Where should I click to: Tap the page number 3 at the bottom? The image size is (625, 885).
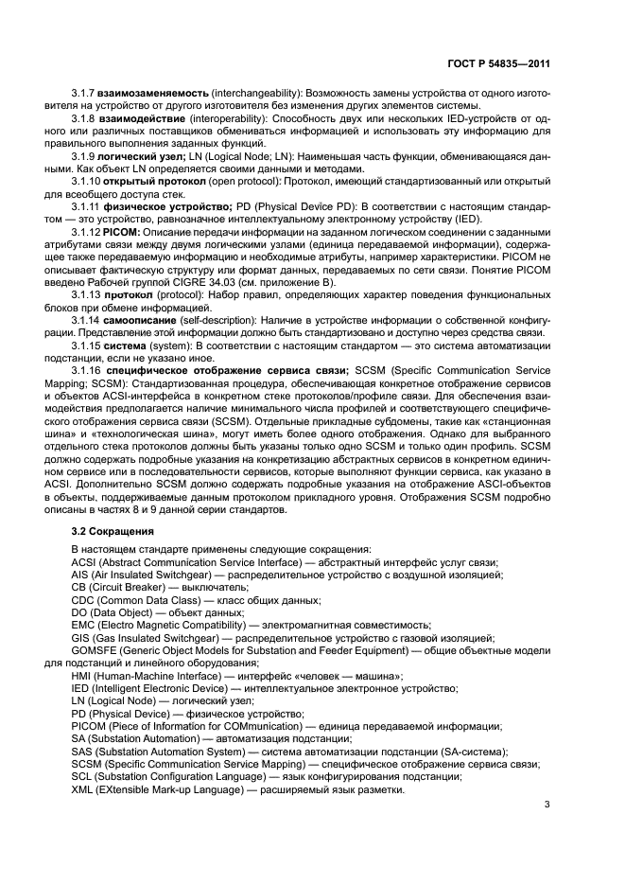[547, 805]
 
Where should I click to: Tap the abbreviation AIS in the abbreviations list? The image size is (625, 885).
[80, 574]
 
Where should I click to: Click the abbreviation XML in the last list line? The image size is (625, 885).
[83, 789]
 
